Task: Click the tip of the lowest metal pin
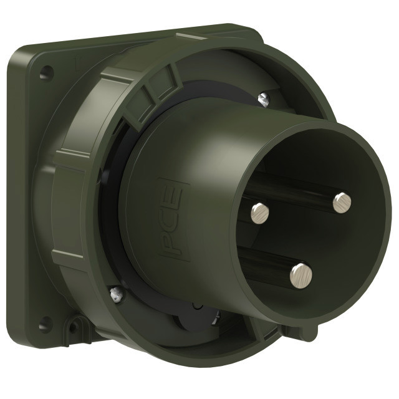tap(301, 276)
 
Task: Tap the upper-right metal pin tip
tap(342, 203)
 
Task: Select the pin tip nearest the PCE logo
tap(260, 213)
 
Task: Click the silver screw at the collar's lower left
tap(117, 294)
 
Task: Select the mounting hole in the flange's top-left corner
tap(47, 72)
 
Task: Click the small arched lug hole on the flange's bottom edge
tap(74, 327)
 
